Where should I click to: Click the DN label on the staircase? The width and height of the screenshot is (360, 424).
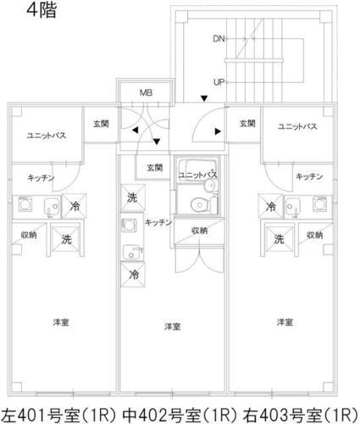[219, 39]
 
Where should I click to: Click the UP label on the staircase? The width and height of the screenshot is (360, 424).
[219, 82]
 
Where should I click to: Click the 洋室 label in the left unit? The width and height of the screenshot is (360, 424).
[60, 322]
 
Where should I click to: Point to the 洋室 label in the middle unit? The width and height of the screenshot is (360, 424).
[173, 326]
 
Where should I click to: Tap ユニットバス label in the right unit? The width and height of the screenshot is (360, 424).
[297, 126]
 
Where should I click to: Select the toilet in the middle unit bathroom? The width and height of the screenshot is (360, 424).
[199, 204]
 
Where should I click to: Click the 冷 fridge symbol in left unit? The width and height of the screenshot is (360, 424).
[75, 205]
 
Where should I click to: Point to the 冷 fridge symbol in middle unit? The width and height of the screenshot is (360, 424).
[134, 274]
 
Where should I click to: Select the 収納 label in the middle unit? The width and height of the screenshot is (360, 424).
[200, 230]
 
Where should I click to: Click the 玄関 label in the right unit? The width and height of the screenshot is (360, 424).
[246, 125]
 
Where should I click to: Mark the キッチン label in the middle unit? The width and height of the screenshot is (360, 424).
[158, 222]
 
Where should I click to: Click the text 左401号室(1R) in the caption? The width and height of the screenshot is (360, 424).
[59, 413]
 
